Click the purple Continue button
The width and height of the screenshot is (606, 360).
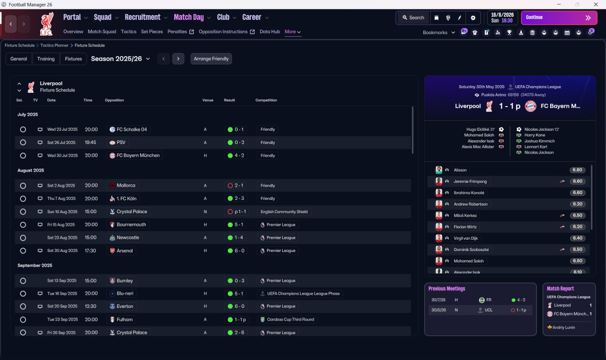(x=559, y=18)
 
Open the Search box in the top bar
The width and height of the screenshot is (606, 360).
(x=413, y=18)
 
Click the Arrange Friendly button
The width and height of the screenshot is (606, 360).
(x=211, y=59)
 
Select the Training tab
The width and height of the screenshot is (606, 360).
(x=46, y=59)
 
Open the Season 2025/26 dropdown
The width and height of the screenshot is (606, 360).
(x=120, y=59)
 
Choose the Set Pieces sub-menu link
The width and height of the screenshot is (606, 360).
(x=152, y=32)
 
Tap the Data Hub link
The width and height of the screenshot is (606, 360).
(x=270, y=32)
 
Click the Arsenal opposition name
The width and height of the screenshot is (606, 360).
(x=125, y=251)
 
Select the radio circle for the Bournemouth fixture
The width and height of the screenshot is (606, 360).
(x=23, y=225)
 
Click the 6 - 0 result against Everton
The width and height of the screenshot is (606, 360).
(x=239, y=306)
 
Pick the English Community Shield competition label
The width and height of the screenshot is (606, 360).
(x=284, y=212)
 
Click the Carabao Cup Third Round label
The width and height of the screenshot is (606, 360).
(x=291, y=319)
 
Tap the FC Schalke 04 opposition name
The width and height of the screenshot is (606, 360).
(x=132, y=129)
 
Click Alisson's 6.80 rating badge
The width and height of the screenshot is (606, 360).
(x=577, y=170)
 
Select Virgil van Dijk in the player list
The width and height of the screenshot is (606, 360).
(x=465, y=238)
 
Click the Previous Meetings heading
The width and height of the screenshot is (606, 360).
(x=446, y=288)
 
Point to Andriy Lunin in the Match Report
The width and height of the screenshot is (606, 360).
(x=563, y=327)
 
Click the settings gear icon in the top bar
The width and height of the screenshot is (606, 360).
(x=473, y=18)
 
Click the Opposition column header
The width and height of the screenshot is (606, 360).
(x=114, y=100)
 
